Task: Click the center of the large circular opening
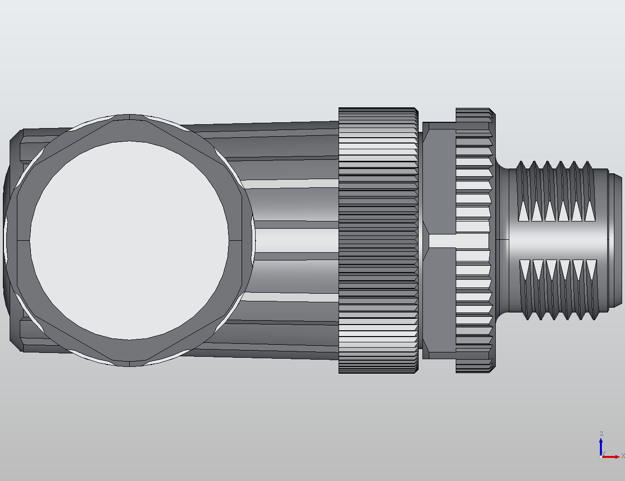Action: (x=129, y=240)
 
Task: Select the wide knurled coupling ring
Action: (x=378, y=240)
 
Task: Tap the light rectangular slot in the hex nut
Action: (x=442, y=241)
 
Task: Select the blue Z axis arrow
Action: (x=601, y=445)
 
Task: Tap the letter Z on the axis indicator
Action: (x=601, y=434)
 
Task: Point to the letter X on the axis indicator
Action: (x=623, y=456)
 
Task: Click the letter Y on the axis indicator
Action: (x=603, y=454)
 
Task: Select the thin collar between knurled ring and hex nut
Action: (x=420, y=240)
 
